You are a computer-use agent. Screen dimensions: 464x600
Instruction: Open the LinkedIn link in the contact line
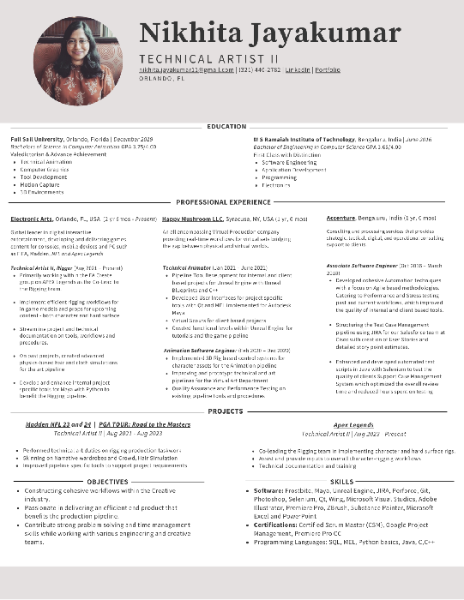tap(298, 69)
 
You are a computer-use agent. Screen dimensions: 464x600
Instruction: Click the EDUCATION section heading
tap(226, 126)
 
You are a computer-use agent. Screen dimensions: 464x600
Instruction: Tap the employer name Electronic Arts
tap(33, 219)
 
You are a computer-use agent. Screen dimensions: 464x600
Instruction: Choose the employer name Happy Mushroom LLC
tap(192, 219)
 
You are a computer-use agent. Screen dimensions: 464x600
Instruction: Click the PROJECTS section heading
tap(226, 411)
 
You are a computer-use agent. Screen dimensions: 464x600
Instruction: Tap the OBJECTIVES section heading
tap(106, 482)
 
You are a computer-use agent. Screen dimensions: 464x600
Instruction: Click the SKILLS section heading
tap(341, 482)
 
